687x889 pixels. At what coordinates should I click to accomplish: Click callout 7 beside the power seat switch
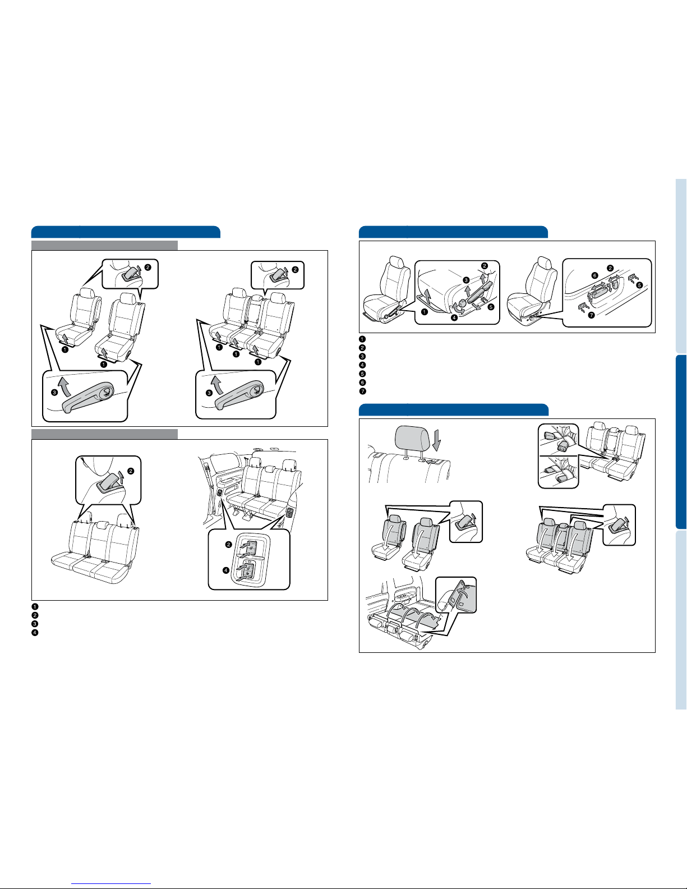[x=591, y=315]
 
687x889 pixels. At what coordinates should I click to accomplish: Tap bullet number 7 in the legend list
[x=362, y=391]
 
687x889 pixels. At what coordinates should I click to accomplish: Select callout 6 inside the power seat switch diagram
[x=595, y=275]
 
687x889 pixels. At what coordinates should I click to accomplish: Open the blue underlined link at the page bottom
[x=111, y=883]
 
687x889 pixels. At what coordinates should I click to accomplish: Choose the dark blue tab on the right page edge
[x=681, y=442]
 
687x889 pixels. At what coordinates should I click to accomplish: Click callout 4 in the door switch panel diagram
[x=225, y=570]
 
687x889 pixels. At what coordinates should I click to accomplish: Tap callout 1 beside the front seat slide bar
[x=425, y=312]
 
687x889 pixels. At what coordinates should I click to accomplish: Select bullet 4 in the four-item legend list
[x=35, y=633]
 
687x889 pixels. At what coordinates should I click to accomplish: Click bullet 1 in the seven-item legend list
[x=362, y=339]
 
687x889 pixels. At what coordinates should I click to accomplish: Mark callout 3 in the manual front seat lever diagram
[x=466, y=280]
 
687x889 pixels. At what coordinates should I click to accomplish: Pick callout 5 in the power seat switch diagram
[x=639, y=285]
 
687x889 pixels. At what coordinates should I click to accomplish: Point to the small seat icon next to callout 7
[x=582, y=306]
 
